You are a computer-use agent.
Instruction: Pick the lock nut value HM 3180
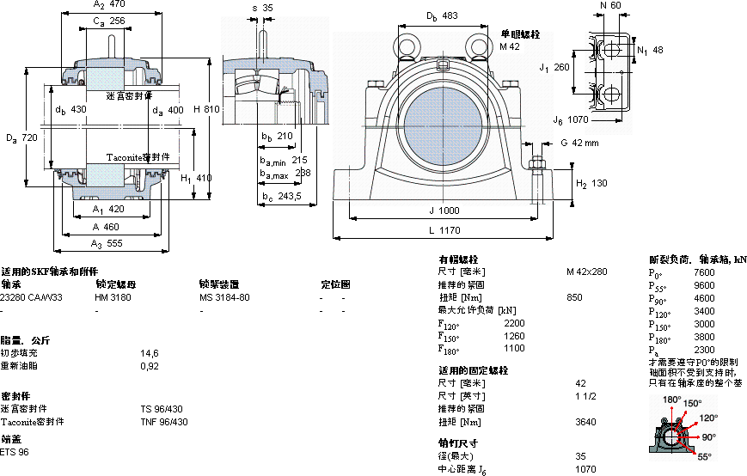pyautogui.click(x=113, y=296)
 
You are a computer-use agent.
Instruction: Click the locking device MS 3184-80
pyautogui.click(x=224, y=296)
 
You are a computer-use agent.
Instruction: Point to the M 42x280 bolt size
pyautogui.click(x=586, y=272)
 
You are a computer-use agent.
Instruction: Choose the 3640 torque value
pyautogui.click(x=585, y=422)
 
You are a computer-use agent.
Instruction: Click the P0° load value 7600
pyautogui.click(x=704, y=272)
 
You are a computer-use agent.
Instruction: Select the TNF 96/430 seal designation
pyautogui.click(x=164, y=422)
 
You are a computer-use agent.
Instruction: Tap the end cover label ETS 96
pyautogui.click(x=15, y=452)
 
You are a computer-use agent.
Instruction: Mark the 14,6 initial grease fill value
pyautogui.click(x=150, y=353)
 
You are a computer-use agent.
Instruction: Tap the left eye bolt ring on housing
pyautogui.click(x=406, y=46)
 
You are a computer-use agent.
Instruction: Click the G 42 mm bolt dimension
pyautogui.click(x=579, y=143)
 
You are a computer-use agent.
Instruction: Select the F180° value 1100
pyautogui.click(x=514, y=348)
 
